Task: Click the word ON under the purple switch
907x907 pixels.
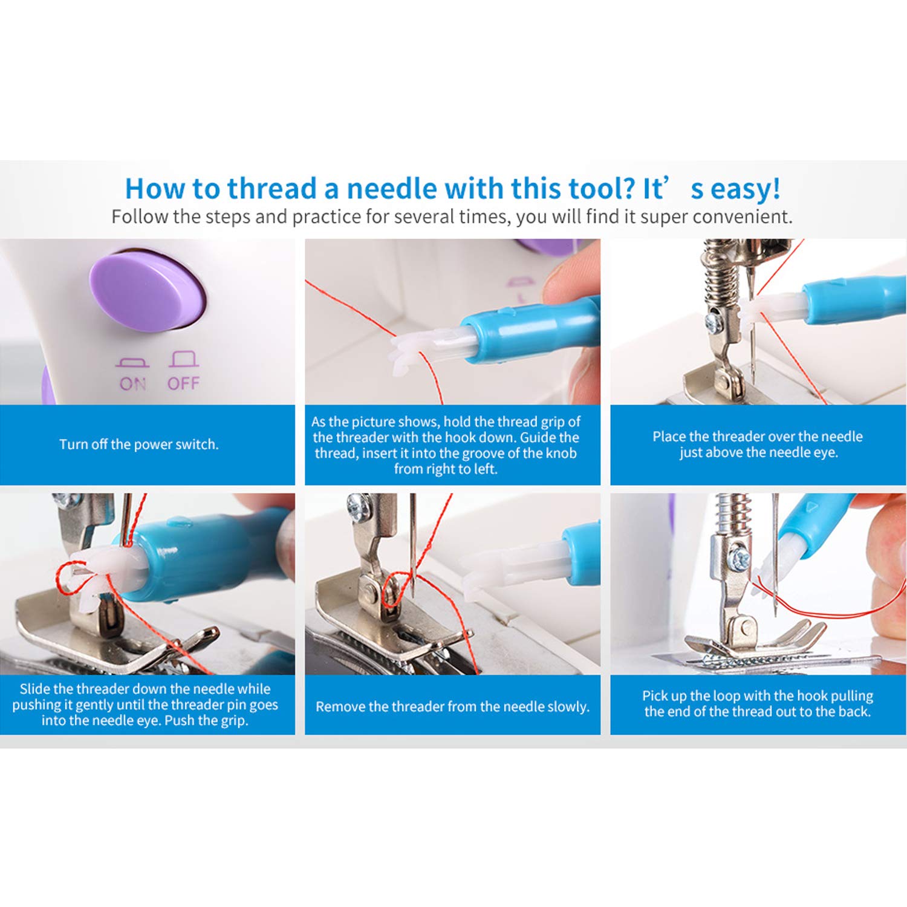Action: coord(132,383)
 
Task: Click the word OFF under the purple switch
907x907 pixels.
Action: coord(183,383)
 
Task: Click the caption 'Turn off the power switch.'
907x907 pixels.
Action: coord(139,444)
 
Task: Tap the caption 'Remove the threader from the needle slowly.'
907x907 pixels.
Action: coord(452,707)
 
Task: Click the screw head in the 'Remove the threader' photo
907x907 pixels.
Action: coord(358,503)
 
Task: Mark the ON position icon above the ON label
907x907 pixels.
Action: coord(132,362)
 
